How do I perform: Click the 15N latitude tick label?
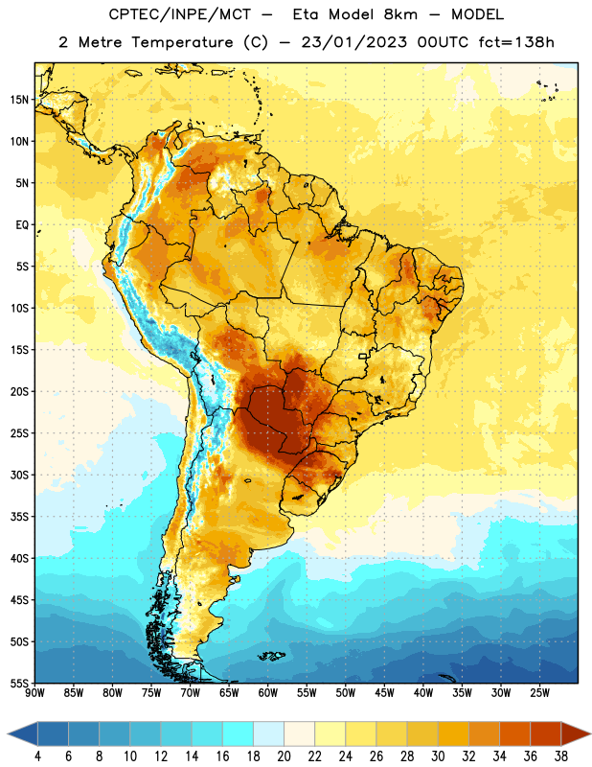19,100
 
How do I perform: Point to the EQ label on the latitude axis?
22,225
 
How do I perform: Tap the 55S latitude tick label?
19,683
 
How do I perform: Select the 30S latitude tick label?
19,475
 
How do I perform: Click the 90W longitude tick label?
34,693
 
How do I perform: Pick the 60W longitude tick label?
268,693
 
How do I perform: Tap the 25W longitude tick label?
539,693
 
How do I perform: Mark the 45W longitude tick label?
384,693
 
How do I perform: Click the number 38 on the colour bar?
560,756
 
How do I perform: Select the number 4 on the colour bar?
37,756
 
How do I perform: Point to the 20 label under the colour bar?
284,756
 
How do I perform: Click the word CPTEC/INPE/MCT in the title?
180,15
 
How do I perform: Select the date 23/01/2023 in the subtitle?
353,42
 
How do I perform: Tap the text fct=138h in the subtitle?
516,42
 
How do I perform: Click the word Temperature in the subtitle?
182,43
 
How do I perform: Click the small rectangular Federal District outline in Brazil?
363,356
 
